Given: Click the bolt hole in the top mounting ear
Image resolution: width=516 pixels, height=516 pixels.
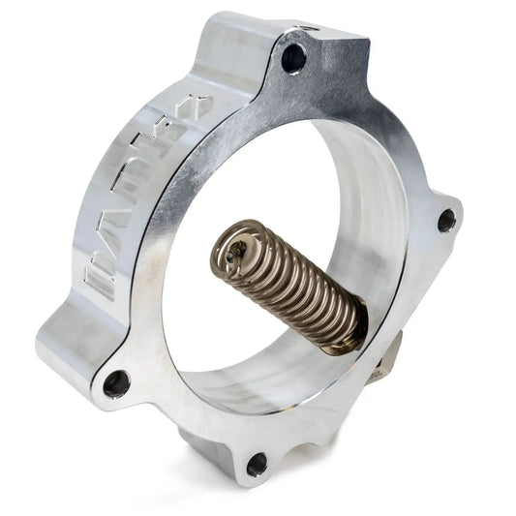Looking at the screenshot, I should tap(294, 57).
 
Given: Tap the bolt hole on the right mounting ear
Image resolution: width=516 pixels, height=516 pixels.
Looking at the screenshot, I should tap(446, 221).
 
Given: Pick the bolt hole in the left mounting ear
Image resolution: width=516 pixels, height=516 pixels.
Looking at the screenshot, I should tap(116, 383).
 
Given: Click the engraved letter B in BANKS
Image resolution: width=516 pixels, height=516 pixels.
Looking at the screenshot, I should tap(100, 280).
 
